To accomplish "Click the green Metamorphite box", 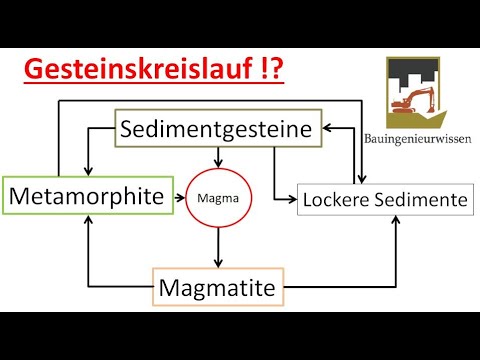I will tap(84, 197).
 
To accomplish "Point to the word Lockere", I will tap(336, 200).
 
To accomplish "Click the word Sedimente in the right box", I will tap(419, 200).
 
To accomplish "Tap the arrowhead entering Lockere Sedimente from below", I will tap(398, 219).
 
